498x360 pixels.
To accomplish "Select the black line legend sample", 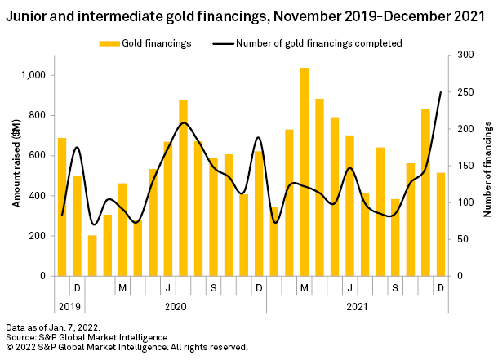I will (x=222, y=43).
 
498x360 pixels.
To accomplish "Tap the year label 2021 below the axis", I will (x=356, y=307).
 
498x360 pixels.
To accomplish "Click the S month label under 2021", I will (x=395, y=288).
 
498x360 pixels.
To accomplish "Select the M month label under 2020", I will (x=122, y=288).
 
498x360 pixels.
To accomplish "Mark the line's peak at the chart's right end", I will (x=441, y=92).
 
